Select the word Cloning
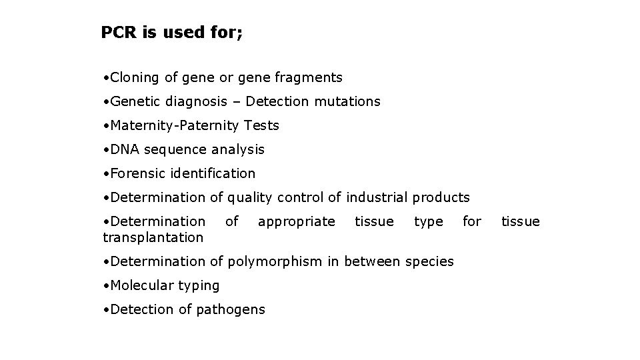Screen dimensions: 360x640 pyautogui.click(x=135, y=78)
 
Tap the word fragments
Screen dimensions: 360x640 pyautogui.click(x=309, y=78)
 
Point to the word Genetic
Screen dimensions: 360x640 pyautogui.click(x=134, y=102)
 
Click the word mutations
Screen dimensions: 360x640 pyautogui.click(x=347, y=102)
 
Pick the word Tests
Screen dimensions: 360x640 pyautogui.click(x=261, y=126)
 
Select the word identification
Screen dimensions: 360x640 pyautogui.click(x=213, y=174)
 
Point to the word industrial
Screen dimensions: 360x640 pyautogui.click(x=377, y=198)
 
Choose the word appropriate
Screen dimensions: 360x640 pyautogui.click(x=296, y=221)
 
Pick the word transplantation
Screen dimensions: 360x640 pyautogui.click(x=153, y=238)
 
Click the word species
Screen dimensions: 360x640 pyautogui.click(x=429, y=262)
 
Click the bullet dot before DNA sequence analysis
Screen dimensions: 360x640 pyautogui.click(x=106, y=150)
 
